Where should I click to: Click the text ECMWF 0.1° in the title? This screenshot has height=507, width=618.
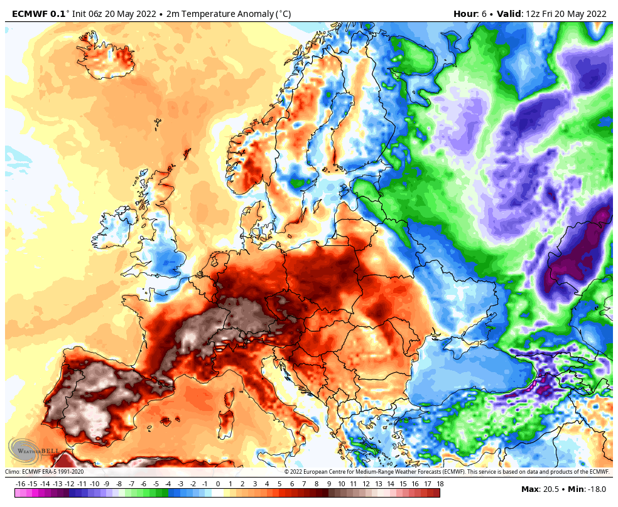click(x=39, y=14)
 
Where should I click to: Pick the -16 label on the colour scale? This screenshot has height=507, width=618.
click(x=20, y=484)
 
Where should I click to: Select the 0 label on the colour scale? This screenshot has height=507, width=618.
click(x=218, y=484)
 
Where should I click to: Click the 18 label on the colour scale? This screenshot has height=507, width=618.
click(x=440, y=484)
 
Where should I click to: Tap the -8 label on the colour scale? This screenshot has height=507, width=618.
click(x=119, y=484)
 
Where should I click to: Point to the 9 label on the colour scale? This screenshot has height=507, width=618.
click(x=329, y=484)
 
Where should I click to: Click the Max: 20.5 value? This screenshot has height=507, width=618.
click(x=539, y=489)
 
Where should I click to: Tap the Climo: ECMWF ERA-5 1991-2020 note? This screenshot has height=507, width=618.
click(x=44, y=472)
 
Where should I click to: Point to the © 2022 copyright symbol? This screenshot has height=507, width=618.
click(x=287, y=472)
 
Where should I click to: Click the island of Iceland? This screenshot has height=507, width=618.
click(x=108, y=58)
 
